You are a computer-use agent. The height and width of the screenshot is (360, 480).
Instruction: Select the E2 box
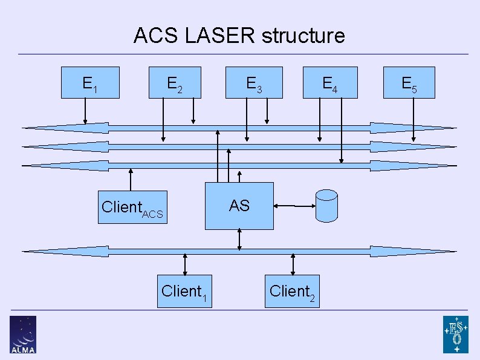tap(174, 82)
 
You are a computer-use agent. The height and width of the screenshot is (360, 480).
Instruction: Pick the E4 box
tap(329, 82)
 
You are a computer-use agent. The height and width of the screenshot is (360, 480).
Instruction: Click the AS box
tap(239, 206)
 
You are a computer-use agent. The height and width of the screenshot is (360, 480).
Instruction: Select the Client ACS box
tap(132, 207)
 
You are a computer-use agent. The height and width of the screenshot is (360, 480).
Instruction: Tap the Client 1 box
tap(185, 291)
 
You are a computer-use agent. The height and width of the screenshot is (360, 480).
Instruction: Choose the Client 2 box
tap(293, 291)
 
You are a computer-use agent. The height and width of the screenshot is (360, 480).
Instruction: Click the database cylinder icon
tap(326, 205)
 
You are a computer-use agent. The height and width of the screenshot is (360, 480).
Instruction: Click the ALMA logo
tap(23, 334)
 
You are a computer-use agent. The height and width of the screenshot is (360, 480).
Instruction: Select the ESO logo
tap(455, 334)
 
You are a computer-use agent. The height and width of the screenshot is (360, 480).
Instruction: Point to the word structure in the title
tap(303, 36)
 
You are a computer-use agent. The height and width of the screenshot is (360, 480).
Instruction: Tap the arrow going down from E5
tap(414, 119)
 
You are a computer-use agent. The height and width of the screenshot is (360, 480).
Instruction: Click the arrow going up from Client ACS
tap(131, 180)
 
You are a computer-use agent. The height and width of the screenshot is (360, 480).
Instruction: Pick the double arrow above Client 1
tap(185, 264)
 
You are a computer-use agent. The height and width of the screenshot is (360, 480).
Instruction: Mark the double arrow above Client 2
tap(293, 264)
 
